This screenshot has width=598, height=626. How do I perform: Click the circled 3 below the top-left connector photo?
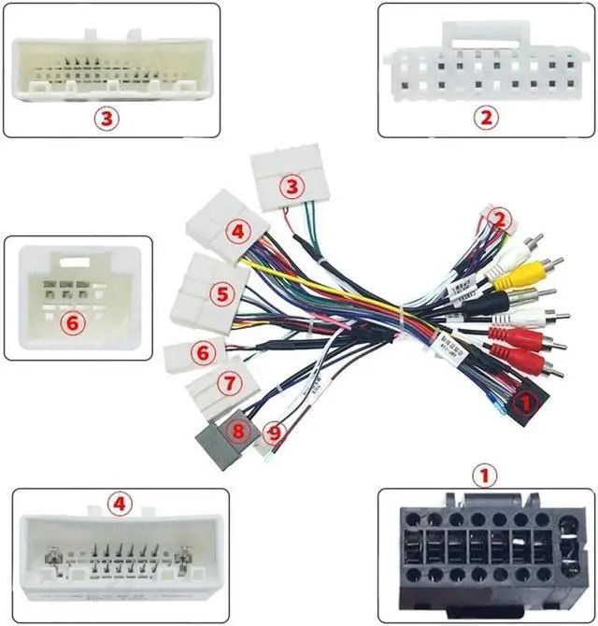tap(107, 118)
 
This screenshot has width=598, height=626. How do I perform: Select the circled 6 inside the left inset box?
tap(72, 322)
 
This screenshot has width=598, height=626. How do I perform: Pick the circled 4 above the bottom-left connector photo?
tap(118, 505)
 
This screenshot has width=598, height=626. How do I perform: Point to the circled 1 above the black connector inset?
tap(483, 477)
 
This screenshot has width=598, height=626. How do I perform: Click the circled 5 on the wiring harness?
tap(221, 294)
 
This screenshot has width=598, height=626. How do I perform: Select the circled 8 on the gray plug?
tap(237, 431)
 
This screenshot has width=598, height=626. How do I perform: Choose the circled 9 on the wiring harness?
tap(272, 433)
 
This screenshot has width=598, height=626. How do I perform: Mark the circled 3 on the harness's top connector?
tap(293, 187)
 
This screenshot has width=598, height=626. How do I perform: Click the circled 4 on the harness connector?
tap(238, 230)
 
